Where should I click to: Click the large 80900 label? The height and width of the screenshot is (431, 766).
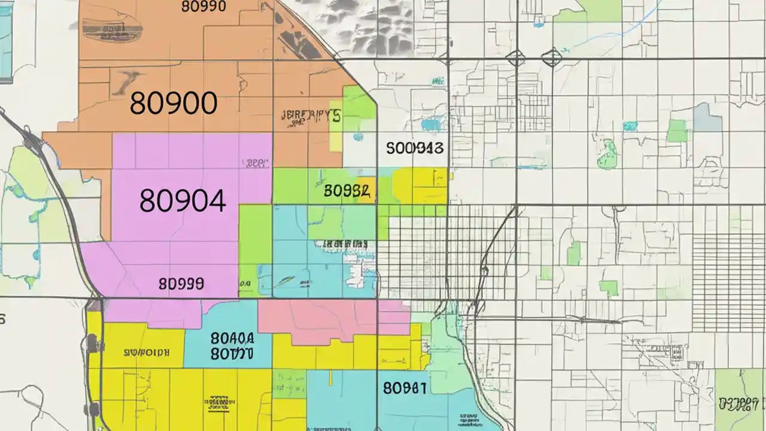[x=173, y=104]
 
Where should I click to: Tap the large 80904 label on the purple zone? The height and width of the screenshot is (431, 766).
[x=183, y=201]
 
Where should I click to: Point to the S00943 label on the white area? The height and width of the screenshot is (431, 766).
[x=415, y=148]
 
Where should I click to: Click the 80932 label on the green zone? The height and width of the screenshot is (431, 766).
[x=346, y=191]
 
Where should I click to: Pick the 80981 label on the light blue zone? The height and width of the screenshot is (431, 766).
[x=405, y=388]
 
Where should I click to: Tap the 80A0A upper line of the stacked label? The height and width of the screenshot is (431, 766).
[x=232, y=338]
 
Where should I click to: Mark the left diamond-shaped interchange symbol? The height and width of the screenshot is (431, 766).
[x=515, y=58]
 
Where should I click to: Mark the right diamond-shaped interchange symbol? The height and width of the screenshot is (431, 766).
[x=551, y=58]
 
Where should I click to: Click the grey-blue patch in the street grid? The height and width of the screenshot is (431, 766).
[x=707, y=117]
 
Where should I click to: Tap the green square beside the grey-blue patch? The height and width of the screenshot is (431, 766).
[x=677, y=130]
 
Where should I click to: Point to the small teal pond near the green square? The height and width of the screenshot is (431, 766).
[x=630, y=126]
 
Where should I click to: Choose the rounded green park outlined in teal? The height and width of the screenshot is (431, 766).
[x=608, y=154]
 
